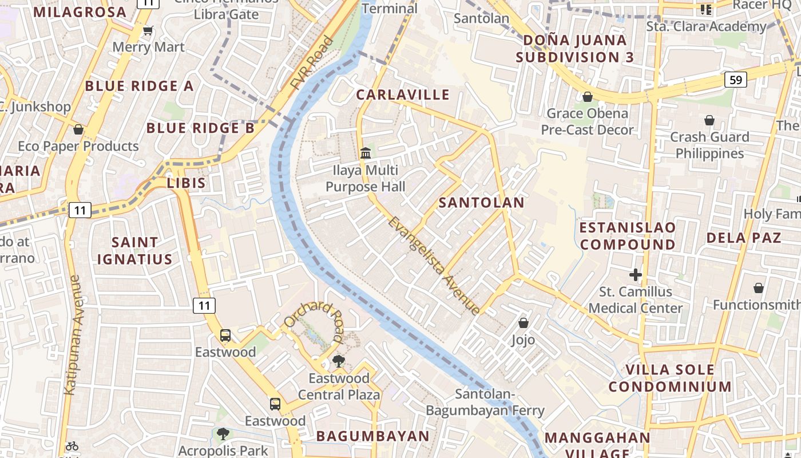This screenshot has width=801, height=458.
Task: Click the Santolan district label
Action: (481, 202)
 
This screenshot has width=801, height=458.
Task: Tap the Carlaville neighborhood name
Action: (403, 94)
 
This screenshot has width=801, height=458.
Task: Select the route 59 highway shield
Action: (736, 80)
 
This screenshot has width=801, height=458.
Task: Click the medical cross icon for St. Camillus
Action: (636, 275)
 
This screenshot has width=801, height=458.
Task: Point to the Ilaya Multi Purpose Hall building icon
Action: (366, 153)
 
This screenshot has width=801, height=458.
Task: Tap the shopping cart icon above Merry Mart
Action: (148, 30)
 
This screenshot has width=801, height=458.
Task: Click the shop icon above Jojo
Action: (523, 323)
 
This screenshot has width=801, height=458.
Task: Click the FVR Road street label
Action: (312, 63)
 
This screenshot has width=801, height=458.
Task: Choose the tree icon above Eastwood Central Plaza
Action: (339, 361)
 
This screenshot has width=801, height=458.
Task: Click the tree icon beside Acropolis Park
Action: (223, 434)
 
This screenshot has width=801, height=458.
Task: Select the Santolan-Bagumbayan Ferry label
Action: (485, 402)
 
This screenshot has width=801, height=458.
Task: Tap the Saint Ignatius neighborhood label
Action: (134, 251)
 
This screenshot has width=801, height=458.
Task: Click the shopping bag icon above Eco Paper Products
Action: (78, 129)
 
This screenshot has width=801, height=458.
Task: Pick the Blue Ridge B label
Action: (200, 128)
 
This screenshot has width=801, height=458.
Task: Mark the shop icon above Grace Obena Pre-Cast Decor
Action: (587, 97)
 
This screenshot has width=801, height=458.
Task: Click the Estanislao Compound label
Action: (628, 236)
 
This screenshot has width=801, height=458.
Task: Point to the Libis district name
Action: (186, 183)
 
